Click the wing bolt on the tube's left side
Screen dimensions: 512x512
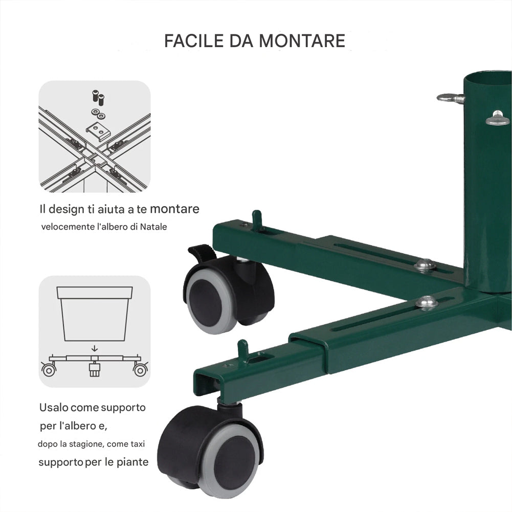click(450, 98)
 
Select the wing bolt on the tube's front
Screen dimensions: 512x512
click(497, 119)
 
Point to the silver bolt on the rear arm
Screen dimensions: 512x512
click(425, 264)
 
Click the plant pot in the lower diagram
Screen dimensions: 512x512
click(95, 313)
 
